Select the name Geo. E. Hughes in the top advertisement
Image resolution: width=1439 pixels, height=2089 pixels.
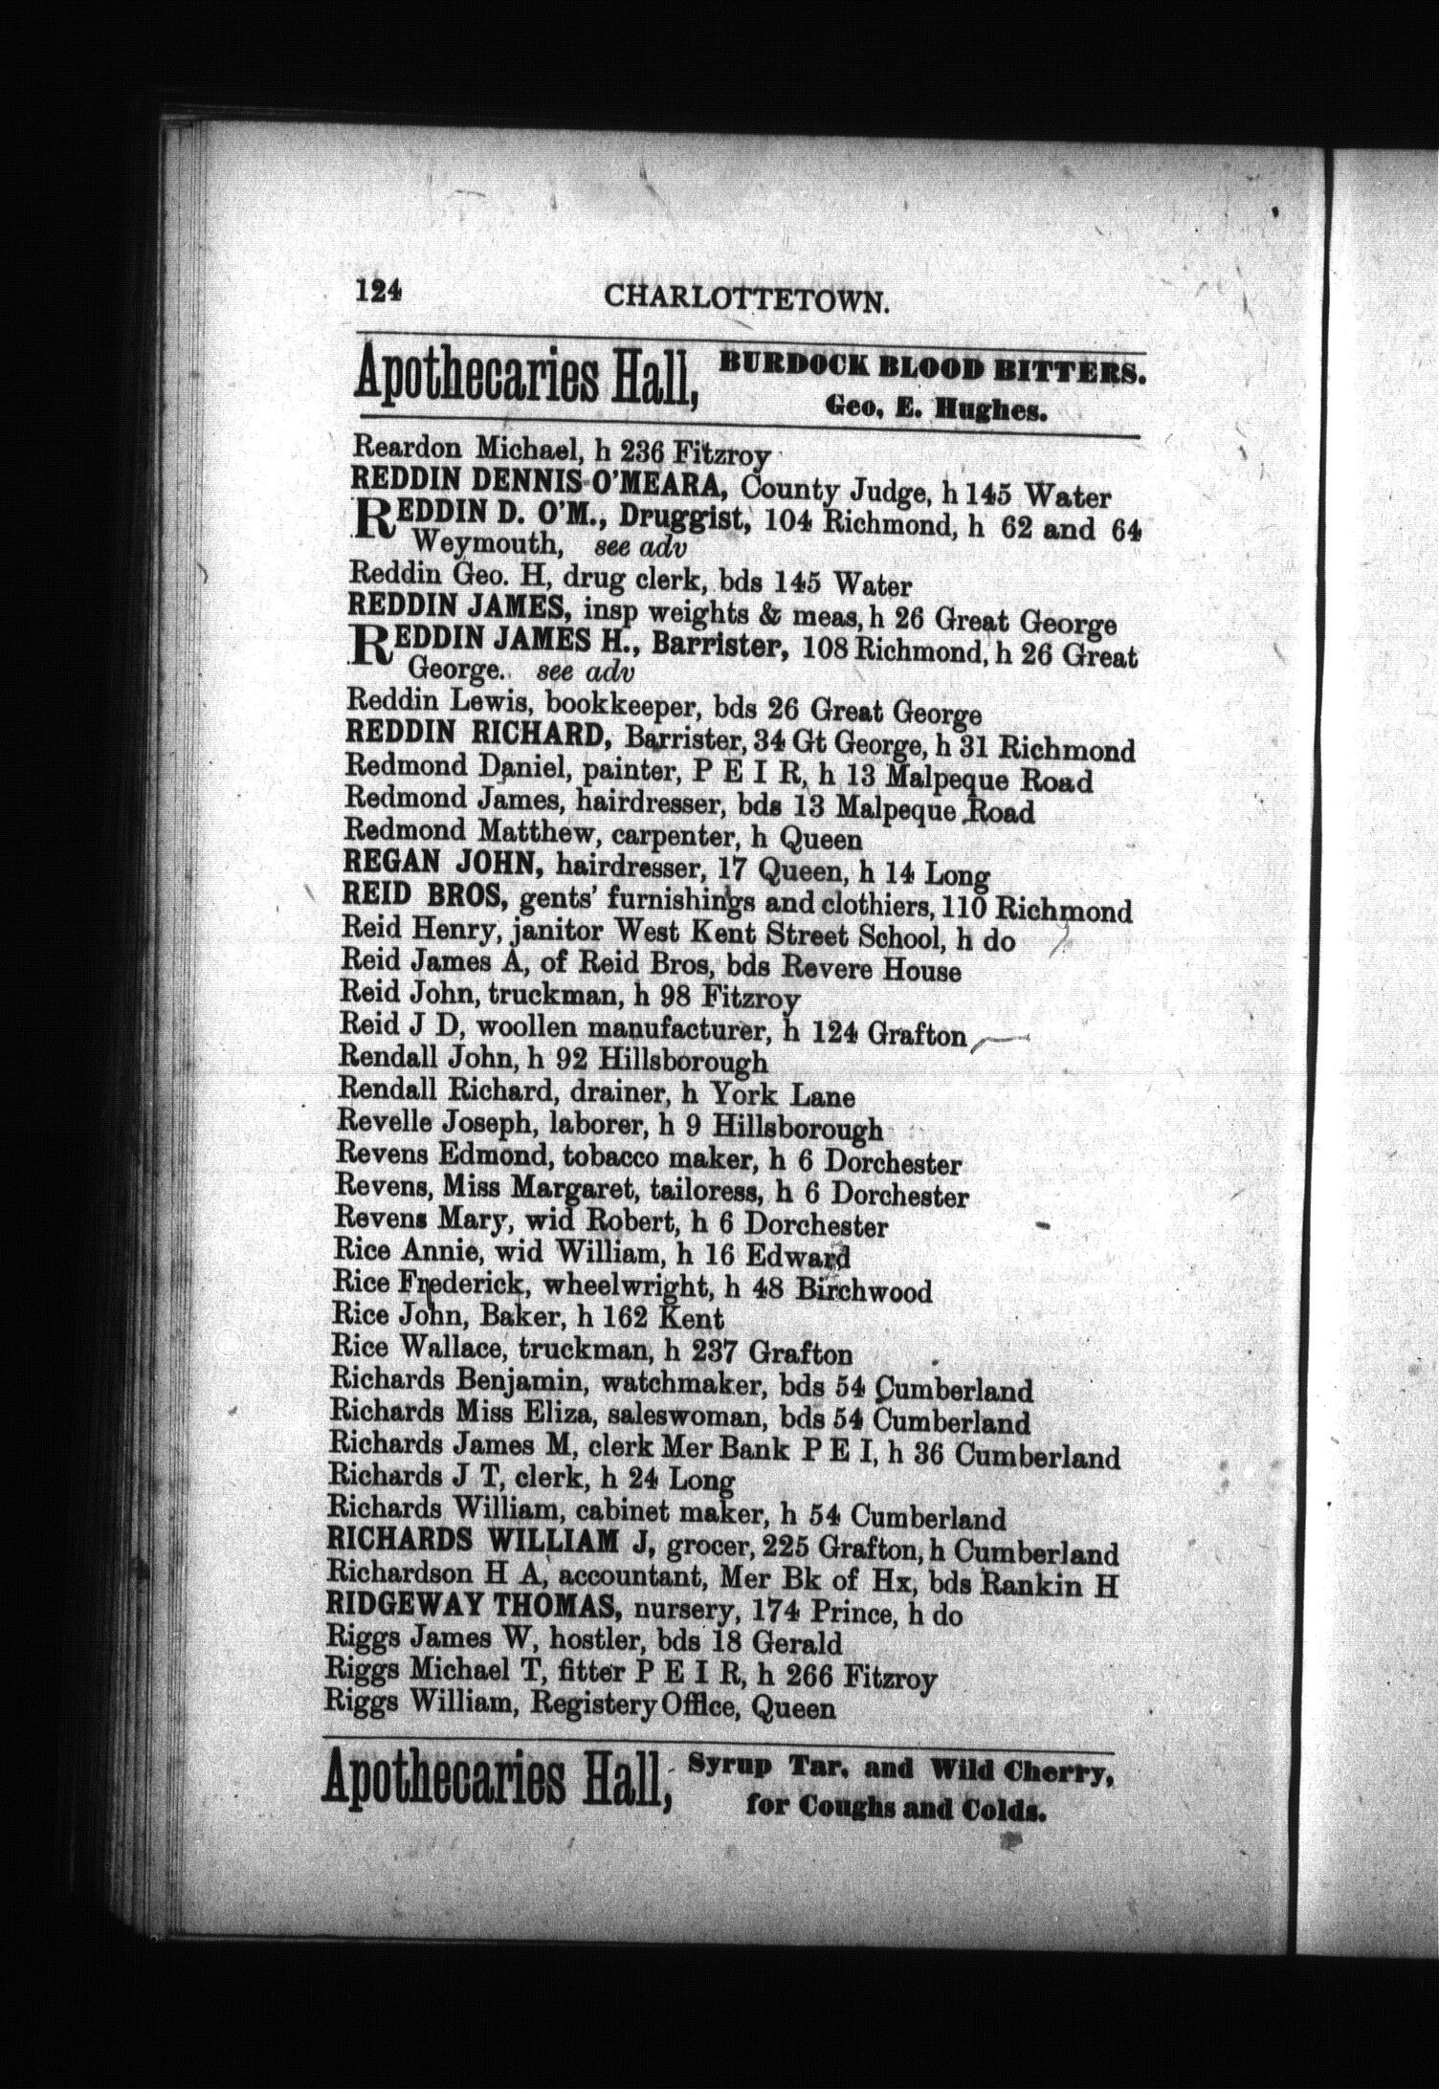pyautogui.click(x=937, y=412)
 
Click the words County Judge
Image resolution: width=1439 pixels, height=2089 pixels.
pyautogui.click(x=835, y=494)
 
